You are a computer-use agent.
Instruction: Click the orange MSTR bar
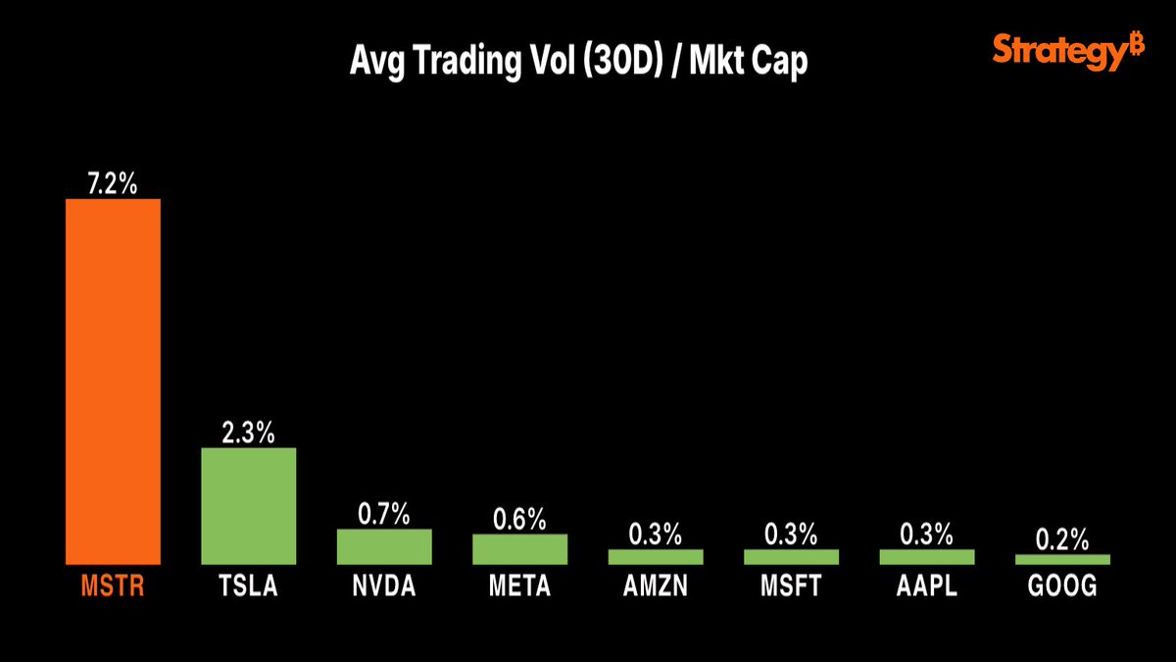[113, 382]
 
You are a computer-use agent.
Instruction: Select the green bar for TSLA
[248, 506]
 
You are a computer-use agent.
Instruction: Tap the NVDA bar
[384, 546]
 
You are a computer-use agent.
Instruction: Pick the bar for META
[519, 548]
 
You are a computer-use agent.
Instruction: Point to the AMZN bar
[656, 556]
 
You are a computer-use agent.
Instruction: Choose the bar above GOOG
[1062, 559]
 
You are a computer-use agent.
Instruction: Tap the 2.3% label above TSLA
[248, 433]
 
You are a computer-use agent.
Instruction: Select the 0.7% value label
[384, 514]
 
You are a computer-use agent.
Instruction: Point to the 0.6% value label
[519, 519]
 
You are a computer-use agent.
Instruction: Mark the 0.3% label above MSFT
[791, 535]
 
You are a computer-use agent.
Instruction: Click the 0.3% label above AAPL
[927, 535]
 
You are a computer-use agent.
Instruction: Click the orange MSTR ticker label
[113, 587]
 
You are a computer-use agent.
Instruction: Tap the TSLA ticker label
[248, 587]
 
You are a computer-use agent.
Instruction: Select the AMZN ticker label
[656, 587]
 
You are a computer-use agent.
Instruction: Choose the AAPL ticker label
[927, 587]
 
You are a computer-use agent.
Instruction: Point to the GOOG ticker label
[1062, 587]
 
